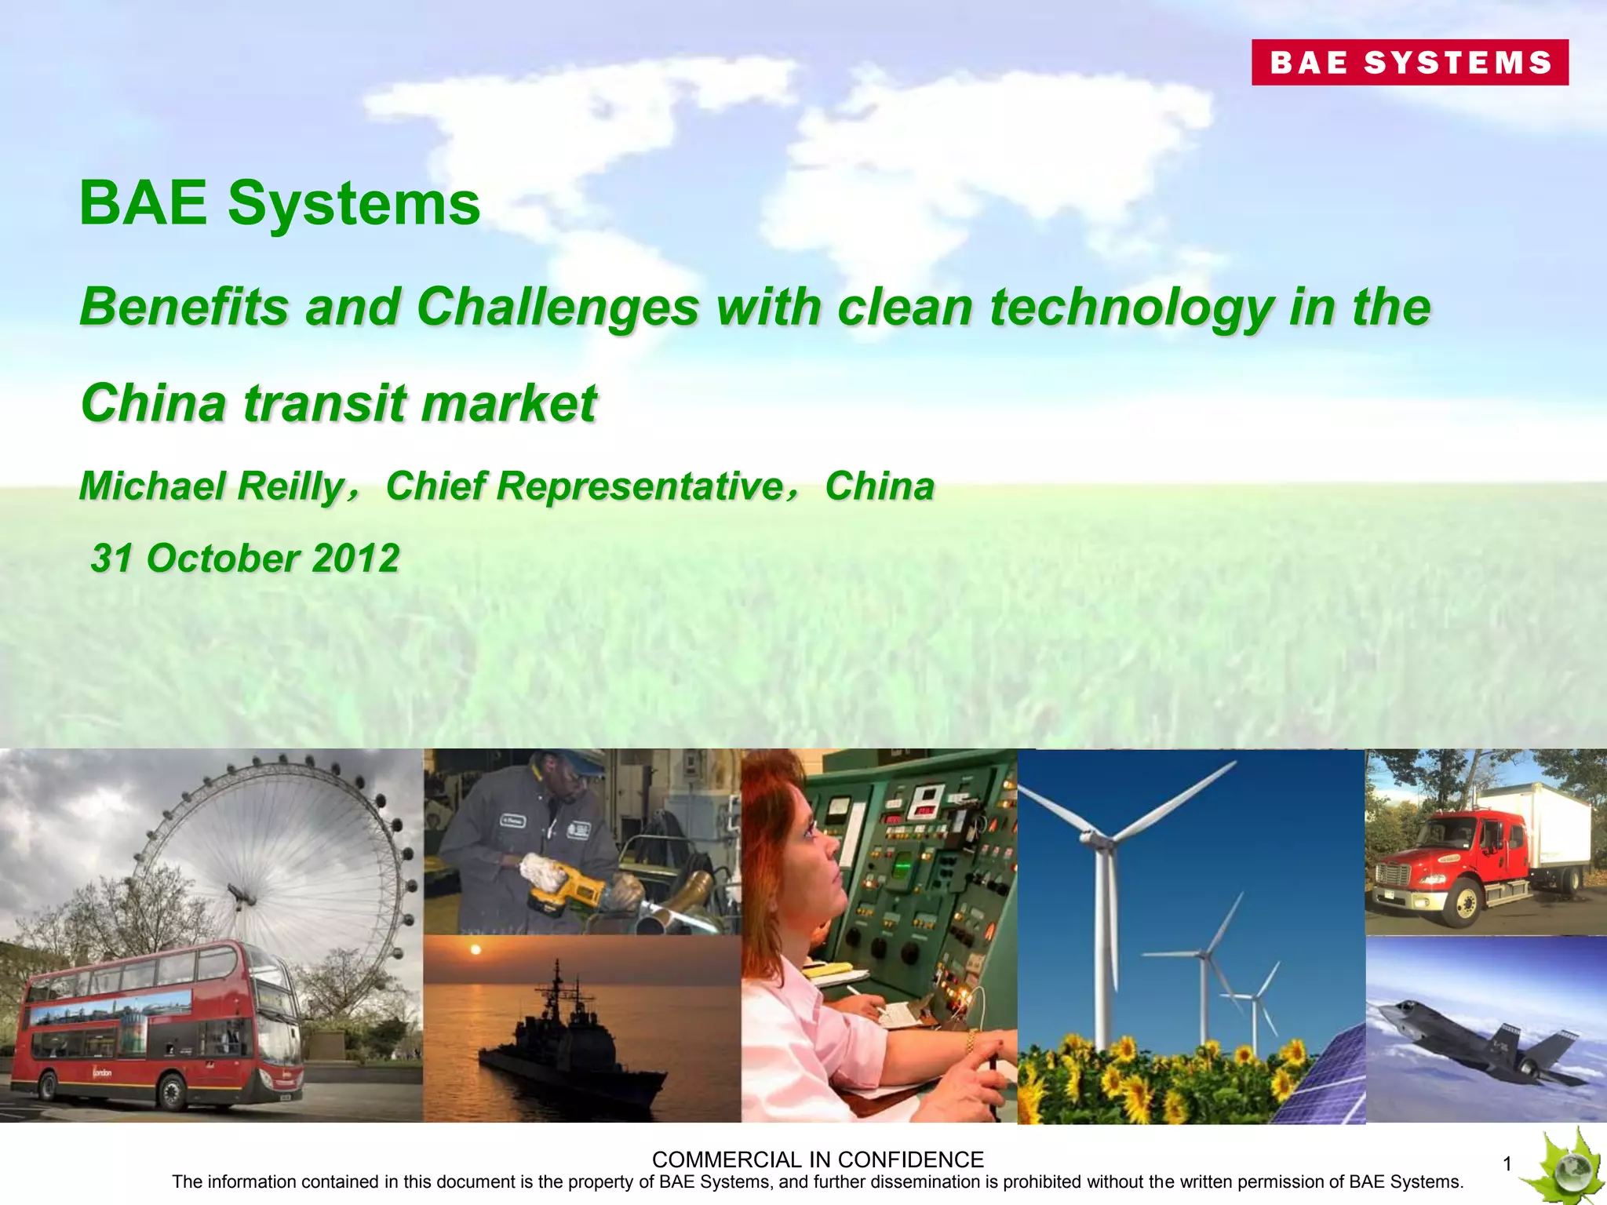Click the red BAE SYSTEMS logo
(1409, 62)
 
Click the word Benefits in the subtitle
(184, 307)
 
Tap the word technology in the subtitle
(1131, 307)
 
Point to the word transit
(326, 403)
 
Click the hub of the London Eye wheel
(235, 891)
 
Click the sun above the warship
(475, 951)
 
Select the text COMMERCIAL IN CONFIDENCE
(818, 1159)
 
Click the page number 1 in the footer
(1507, 1165)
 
